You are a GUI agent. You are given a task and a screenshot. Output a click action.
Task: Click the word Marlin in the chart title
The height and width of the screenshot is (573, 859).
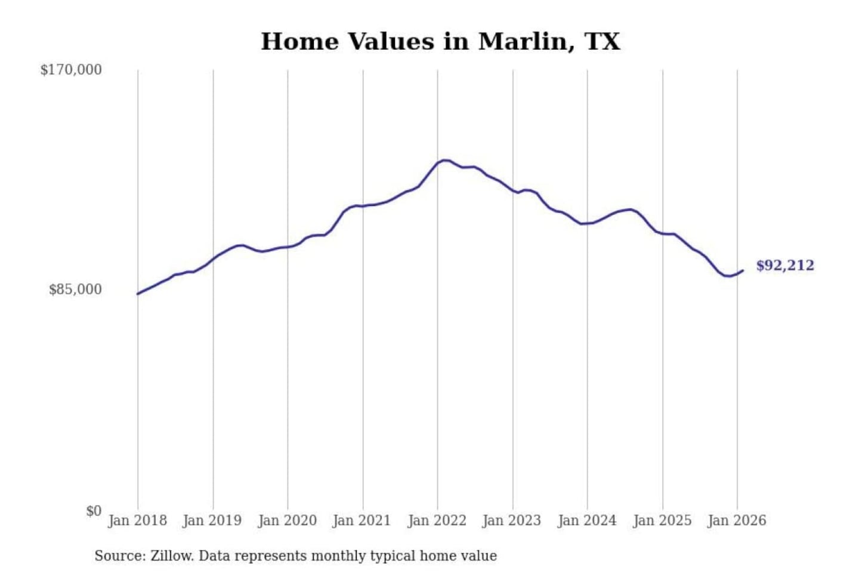tap(522, 42)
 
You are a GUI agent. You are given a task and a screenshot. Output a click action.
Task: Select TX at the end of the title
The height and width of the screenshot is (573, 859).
tap(602, 42)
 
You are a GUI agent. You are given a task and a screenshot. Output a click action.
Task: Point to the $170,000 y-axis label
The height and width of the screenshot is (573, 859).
tap(71, 70)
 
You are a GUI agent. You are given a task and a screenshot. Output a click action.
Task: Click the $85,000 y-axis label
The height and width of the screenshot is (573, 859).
tap(75, 289)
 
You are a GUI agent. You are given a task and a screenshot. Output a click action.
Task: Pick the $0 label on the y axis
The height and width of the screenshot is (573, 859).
tap(93, 511)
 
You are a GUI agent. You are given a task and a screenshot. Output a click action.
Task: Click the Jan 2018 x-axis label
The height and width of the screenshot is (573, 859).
tap(137, 520)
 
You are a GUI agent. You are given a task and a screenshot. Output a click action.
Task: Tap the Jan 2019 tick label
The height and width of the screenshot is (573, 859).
tap(212, 520)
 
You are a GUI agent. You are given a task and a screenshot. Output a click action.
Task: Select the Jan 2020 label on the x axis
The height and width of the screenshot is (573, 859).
tap(287, 520)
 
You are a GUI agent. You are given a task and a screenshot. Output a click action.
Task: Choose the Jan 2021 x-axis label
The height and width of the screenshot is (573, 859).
tap(361, 520)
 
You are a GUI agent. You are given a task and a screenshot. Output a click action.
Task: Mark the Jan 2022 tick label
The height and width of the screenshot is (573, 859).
tap(437, 520)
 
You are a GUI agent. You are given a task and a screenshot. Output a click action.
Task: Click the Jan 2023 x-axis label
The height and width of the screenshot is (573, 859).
tap(511, 520)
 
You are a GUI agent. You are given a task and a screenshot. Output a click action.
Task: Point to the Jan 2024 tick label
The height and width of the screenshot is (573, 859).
tap(586, 520)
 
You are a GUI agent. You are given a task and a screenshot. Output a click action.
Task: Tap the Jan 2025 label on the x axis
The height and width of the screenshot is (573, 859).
tap(662, 520)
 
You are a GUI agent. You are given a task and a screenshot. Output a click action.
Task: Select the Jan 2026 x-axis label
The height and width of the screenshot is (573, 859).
tap(737, 520)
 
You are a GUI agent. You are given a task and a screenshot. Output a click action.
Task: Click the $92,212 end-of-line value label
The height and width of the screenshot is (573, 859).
tap(785, 266)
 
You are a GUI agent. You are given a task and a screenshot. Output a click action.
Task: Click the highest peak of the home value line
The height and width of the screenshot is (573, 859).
tap(443, 160)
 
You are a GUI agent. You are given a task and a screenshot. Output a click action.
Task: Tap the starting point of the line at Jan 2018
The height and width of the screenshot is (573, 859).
tap(138, 294)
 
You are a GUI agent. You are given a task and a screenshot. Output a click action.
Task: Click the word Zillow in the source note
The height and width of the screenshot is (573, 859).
tap(171, 556)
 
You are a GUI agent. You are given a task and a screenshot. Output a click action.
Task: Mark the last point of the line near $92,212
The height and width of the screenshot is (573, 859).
tap(743, 270)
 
